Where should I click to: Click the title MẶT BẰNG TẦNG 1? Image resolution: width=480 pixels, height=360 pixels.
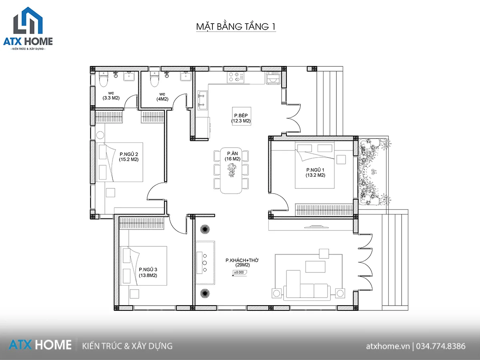(x=236, y=26)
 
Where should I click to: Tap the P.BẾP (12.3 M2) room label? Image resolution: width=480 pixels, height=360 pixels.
(x=241, y=118)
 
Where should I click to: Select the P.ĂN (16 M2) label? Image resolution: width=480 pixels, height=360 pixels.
(x=232, y=156)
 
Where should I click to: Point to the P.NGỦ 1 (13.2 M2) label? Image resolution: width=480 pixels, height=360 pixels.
(x=315, y=172)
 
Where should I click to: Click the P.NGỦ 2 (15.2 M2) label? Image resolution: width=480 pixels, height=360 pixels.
(x=129, y=157)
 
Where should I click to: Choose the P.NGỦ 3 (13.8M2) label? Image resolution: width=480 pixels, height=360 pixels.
(x=148, y=272)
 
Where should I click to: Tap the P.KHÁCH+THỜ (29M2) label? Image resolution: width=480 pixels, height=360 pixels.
(x=242, y=262)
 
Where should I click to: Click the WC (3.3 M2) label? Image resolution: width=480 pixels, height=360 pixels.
(x=111, y=96)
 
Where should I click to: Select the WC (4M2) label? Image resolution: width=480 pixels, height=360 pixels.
(x=162, y=97)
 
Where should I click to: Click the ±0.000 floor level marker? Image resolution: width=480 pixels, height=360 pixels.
(x=239, y=272)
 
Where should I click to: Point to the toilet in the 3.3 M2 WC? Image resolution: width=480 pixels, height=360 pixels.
(x=104, y=79)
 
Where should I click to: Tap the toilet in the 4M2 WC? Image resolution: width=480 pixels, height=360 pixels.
(x=154, y=79)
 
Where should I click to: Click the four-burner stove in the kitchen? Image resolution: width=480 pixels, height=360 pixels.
(x=235, y=77)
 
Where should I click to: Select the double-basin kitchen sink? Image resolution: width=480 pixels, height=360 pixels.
(x=202, y=100)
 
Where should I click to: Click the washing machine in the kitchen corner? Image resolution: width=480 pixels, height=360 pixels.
(x=273, y=78)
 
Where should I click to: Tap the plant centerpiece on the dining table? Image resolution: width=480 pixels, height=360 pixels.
(x=232, y=170)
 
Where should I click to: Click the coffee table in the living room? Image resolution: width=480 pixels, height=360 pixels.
(x=315, y=266)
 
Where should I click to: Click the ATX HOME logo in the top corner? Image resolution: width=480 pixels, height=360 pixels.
(x=28, y=29)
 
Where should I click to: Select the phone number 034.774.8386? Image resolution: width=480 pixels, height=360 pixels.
(x=441, y=346)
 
